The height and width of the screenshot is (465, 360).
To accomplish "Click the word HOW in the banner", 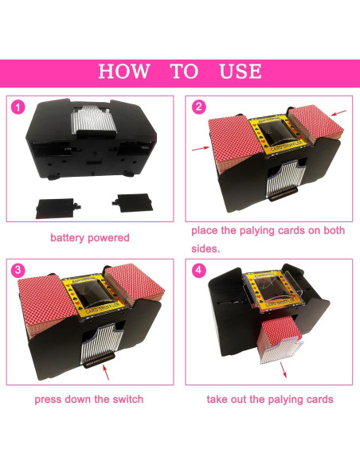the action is tap(124, 72).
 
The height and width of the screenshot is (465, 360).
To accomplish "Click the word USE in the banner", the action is tap(241, 72).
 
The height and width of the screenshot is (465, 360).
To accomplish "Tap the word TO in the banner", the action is tap(184, 72).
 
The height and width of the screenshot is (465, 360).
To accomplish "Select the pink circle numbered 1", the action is tap(18, 107).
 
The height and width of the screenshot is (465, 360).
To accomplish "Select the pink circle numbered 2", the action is tap(198, 107).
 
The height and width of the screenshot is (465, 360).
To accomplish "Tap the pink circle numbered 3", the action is tap(18, 271).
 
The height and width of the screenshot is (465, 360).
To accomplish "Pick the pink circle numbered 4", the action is tap(198, 271).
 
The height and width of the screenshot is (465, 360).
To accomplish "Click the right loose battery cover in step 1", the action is tap(132, 203).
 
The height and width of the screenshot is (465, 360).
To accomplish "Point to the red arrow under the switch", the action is tap(106, 373).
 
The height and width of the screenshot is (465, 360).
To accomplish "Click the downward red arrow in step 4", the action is tap(284, 370).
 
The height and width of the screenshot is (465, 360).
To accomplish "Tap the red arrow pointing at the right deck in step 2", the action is tap(339, 113).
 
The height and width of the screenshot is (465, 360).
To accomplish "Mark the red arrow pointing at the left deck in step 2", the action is tap(201, 148).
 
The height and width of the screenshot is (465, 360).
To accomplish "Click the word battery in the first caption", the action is tap(68, 238).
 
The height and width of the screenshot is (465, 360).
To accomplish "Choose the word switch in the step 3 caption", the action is tap(128, 399).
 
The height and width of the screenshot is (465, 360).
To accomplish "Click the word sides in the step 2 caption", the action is tap(205, 248).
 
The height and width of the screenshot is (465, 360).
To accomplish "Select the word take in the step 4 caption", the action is tap(217, 399).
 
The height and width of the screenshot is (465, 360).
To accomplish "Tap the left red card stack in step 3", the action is tap(46, 306).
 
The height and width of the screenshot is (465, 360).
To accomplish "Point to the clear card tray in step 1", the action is tap(93, 120).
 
